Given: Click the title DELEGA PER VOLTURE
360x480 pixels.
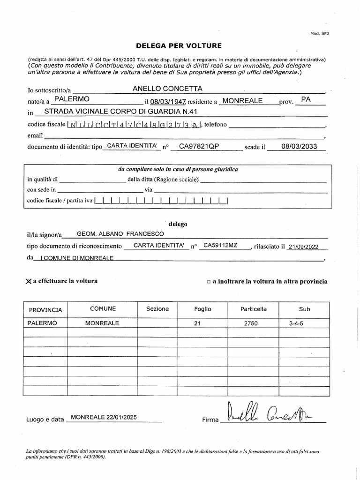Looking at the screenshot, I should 179,45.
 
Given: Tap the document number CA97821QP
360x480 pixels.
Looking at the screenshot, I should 199,146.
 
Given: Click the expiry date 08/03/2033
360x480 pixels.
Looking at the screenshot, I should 299,146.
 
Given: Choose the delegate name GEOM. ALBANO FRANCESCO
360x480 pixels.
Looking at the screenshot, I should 120,233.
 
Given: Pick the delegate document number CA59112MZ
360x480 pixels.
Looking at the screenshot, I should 224,245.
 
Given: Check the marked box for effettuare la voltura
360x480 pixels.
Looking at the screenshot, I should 29,281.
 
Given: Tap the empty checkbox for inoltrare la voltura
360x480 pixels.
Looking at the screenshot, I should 208,282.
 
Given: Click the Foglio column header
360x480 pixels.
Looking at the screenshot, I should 203,309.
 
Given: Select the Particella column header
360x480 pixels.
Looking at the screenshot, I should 254,309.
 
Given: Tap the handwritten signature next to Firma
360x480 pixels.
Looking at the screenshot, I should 270,413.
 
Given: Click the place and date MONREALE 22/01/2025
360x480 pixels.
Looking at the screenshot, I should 104,417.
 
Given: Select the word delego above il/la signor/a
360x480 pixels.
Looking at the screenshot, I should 178,224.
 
